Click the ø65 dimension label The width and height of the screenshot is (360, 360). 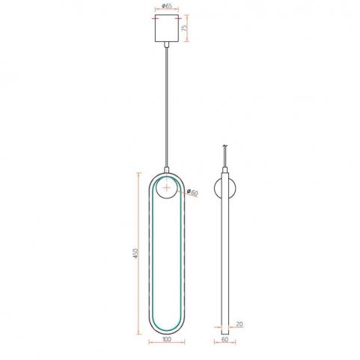coord(167,6)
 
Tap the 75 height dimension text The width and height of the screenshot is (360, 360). coord(184,28)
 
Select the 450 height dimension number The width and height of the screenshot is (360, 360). coord(135,253)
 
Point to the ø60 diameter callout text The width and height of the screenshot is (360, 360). coord(192,192)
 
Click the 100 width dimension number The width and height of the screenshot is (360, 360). coord(167,339)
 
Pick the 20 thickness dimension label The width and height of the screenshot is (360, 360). coord(239,324)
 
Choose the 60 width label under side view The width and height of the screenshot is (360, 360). coord(225,339)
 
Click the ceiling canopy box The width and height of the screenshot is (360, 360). coord(167,28)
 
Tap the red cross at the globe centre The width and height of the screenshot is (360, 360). coord(166,188)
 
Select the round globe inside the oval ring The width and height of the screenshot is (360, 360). coord(166,188)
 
